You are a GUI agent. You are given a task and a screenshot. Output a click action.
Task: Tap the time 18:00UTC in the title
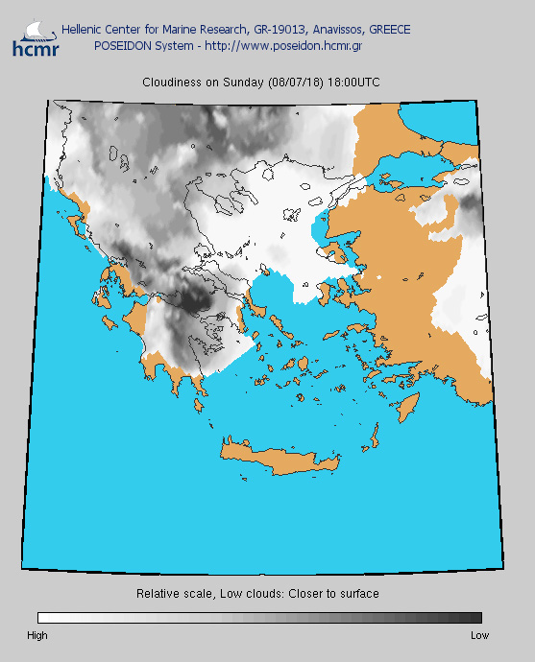pos(354,83)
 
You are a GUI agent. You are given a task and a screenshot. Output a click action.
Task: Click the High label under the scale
pos(37,635)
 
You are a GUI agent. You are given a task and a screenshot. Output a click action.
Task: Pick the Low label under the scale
pos(479,635)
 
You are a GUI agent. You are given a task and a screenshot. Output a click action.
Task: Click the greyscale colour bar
pos(259,618)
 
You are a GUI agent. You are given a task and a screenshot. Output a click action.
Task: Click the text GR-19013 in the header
pos(257,30)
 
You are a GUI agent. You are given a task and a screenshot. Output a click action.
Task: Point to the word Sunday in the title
pos(245,83)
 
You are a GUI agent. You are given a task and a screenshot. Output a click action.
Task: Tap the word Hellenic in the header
pos(82,30)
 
